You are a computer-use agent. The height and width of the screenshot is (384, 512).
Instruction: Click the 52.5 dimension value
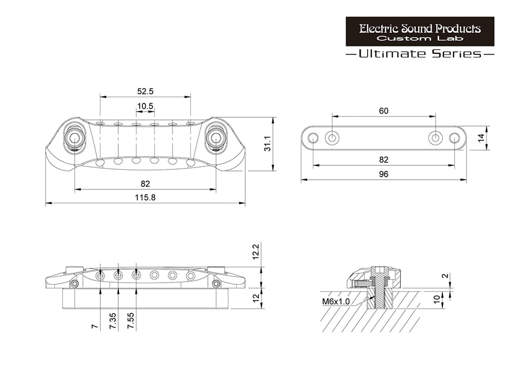(x=145, y=92)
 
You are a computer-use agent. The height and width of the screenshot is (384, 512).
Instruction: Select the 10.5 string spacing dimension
(x=145, y=106)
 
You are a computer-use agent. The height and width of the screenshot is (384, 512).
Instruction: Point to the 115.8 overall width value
(x=145, y=198)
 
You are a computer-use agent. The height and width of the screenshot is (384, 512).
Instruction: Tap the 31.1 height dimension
(x=268, y=144)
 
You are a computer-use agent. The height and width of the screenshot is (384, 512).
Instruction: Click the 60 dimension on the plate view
(x=383, y=111)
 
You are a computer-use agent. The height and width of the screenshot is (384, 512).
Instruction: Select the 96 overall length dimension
(x=383, y=174)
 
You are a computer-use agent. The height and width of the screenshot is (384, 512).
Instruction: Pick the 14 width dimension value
(x=481, y=138)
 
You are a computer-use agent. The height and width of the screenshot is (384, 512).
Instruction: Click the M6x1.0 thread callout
(x=336, y=301)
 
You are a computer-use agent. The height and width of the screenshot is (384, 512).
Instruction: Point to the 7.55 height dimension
(x=131, y=321)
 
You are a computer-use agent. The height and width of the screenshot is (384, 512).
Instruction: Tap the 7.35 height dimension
(x=113, y=321)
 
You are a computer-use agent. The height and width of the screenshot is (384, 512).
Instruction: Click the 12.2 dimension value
(x=255, y=251)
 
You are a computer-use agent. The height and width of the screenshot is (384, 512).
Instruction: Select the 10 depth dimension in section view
(x=437, y=300)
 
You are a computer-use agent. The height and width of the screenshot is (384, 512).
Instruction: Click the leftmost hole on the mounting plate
(x=313, y=138)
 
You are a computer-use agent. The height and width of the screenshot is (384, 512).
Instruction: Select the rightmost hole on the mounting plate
(x=454, y=138)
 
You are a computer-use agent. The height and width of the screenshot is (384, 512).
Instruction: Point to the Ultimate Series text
(x=420, y=53)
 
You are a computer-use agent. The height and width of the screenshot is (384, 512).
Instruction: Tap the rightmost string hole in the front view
(x=190, y=276)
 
